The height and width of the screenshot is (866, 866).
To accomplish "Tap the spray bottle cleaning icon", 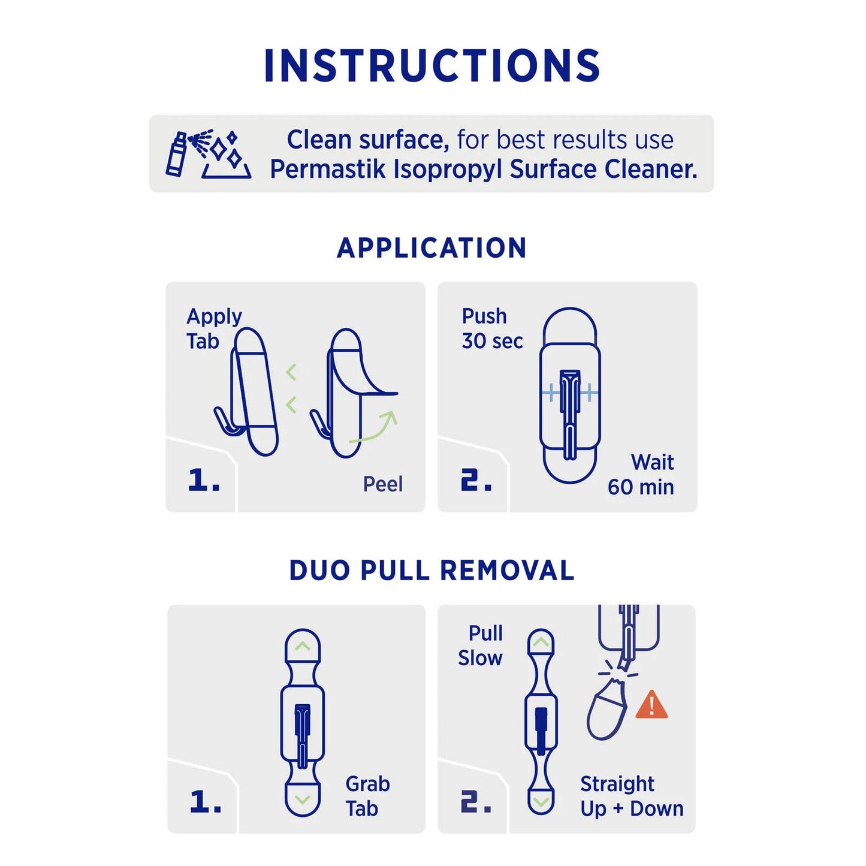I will pos(207,154).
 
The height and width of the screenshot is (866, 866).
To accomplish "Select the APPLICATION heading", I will pos(432,248).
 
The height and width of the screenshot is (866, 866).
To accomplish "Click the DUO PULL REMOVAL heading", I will pos(432,571).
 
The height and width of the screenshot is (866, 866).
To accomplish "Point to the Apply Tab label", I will pos(213,328).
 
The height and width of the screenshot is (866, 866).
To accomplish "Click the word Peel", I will pos(382,484).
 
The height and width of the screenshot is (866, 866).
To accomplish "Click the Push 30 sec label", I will pos(491,328).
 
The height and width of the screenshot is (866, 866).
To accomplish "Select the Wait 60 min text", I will pos(641,475).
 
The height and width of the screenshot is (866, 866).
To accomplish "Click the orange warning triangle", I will pos(651,705).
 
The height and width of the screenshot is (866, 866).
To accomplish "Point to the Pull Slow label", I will pos(481,645).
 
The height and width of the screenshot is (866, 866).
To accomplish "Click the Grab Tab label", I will pos(367,796).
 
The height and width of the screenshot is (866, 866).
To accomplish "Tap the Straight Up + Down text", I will pos(631,796).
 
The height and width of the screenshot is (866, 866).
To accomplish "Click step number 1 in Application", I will pos(204,480).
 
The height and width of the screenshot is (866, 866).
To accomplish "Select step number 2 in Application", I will pos(476,480).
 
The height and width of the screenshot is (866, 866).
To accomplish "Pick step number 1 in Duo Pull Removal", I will pos(206,801).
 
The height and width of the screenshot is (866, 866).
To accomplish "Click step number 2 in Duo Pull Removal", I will pos(476,801).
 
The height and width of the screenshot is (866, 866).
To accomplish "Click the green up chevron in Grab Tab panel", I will pos(303,646).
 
